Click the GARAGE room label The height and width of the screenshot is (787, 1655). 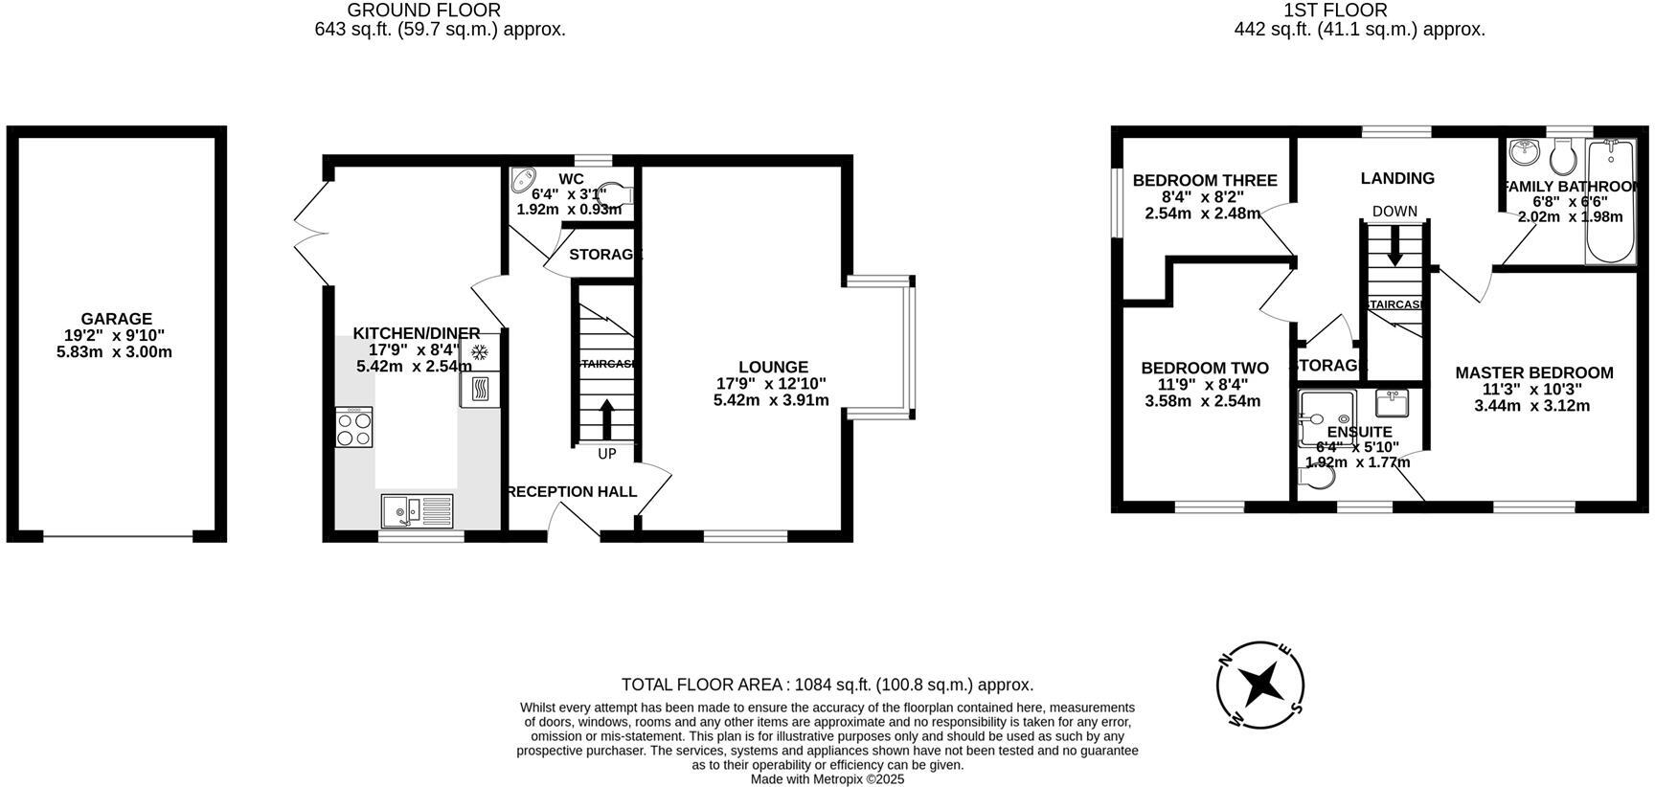116,319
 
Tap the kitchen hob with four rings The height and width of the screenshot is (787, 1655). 353,428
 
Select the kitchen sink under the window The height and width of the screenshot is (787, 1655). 417,510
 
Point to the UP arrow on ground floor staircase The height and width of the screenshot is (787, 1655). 606,418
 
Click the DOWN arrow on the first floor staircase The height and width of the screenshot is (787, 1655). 1394,244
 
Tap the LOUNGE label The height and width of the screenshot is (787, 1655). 773,367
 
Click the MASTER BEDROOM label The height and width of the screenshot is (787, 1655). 1533,372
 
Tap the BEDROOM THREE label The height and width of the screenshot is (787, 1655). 1204,180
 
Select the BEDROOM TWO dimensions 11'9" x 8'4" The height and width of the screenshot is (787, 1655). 1203,385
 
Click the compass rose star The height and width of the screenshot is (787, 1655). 1259,685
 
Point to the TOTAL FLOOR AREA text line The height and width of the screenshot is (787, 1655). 827,685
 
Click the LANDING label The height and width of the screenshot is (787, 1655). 1397,178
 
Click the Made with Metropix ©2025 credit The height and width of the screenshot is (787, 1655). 827,779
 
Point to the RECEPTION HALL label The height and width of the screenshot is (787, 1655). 571,491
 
